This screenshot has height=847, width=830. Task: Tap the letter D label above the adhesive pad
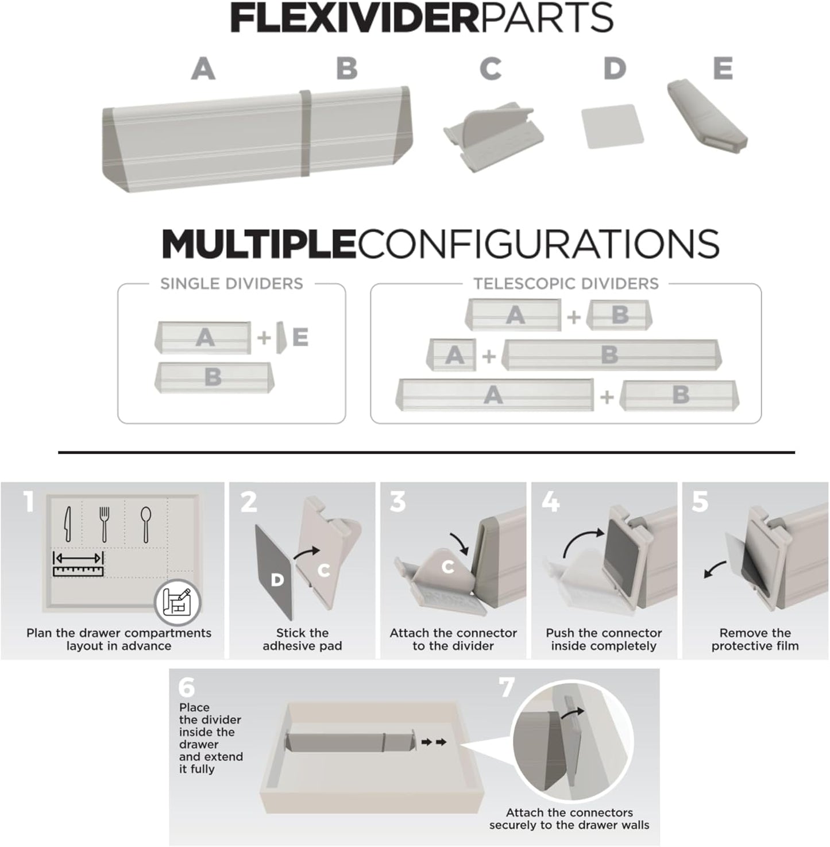pos(614,69)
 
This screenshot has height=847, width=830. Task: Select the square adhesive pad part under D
pos(612,126)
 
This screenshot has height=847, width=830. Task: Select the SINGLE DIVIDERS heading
pos(231,283)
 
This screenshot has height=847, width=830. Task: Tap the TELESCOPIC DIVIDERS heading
pos(566,283)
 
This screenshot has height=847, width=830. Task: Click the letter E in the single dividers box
pos(300,337)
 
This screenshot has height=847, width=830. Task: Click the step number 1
pos(29,502)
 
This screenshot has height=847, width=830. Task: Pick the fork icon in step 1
pos(104,523)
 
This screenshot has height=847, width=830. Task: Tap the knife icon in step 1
pos(68,523)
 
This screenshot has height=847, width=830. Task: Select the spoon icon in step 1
pos(146,523)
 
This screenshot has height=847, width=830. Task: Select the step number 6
pos(187,687)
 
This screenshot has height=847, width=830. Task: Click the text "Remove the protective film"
pos(755,639)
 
